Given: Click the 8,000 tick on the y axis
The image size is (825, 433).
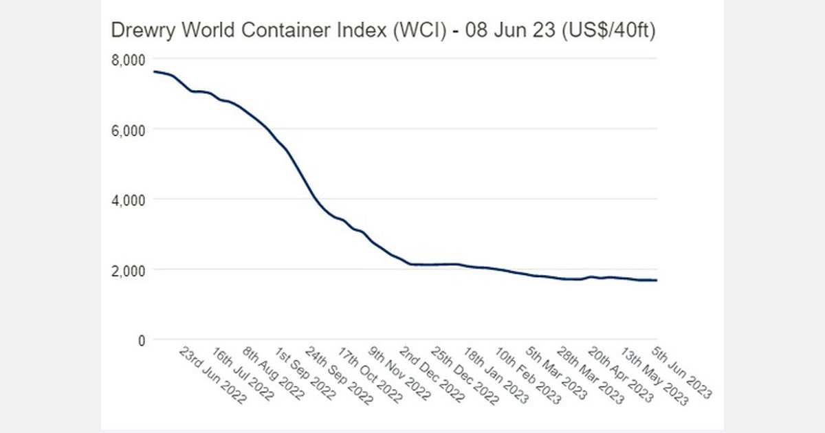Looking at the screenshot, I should click(128, 60).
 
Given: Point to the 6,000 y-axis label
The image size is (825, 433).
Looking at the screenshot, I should click(128, 130).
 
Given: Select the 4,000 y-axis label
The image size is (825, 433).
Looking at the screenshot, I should click(128, 200).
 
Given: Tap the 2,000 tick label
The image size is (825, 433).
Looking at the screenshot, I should click(128, 270).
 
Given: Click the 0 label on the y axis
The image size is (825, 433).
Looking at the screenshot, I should click(140, 340).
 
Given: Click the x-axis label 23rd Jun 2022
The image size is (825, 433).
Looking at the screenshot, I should click(212, 375).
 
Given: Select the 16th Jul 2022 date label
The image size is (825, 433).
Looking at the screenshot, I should click(243, 375).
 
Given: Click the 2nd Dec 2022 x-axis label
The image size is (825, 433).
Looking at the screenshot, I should click(432, 375).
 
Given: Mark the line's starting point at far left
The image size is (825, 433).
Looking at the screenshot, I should click(154, 71).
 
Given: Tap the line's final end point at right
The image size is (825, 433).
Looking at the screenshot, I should click(657, 280).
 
